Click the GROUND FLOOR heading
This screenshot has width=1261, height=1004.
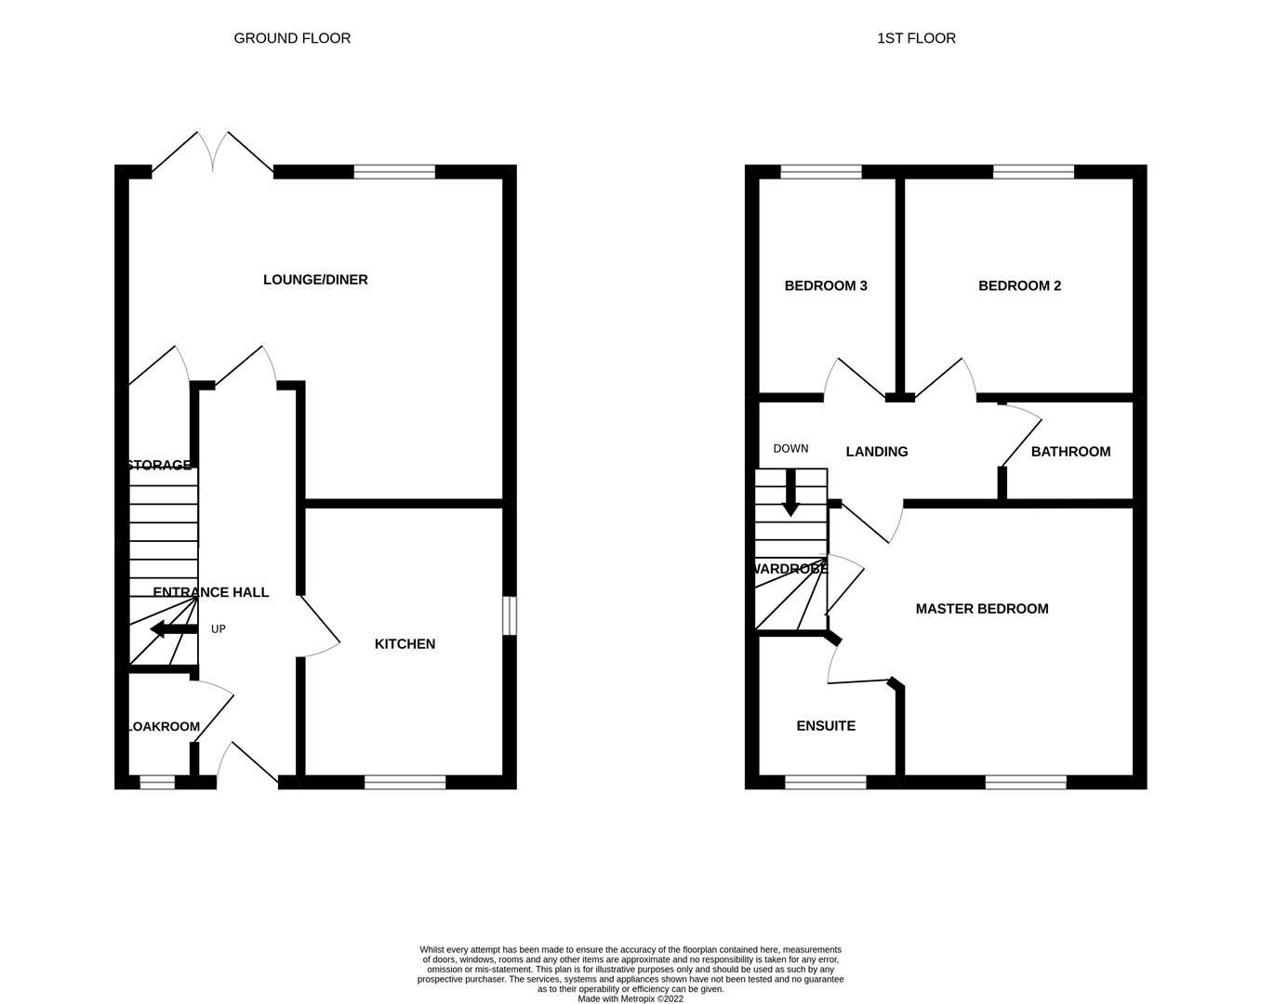tap(292, 38)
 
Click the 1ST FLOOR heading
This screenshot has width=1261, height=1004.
tap(916, 38)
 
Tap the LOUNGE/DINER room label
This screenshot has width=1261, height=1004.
tap(315, 280)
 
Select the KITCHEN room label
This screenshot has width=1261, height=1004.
tap(405, 644)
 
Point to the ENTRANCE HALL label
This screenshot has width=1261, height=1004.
tap(211, 592)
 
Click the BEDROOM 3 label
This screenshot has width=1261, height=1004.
tap(826, 285)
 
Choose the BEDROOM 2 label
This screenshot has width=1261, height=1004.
tap(1019, 285)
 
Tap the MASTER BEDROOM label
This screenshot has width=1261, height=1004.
tap(982, 609)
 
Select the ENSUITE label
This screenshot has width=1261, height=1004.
tap(826, 726)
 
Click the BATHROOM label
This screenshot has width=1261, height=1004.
tap(1070, 452)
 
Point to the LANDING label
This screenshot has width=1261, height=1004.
tap(877, 452)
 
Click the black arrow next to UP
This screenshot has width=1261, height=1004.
tap(173, 629)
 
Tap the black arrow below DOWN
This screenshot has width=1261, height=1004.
tap(790, 494)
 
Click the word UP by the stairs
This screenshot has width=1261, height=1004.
tap(219, 629)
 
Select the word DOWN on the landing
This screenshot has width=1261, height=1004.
tap(790, 448)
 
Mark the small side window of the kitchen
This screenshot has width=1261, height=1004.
tap(510, 616)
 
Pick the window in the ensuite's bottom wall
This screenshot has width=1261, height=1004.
tap(826, 783)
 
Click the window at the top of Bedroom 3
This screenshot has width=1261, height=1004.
tap(821, 171)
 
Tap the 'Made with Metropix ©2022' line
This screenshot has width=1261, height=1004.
tap(630, 999)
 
